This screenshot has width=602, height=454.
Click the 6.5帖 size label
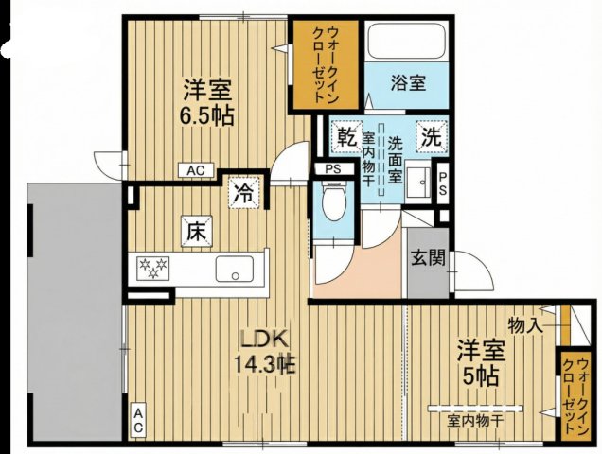[209, 116]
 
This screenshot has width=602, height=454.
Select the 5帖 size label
[484, 372]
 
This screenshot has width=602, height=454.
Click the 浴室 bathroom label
[408, 83]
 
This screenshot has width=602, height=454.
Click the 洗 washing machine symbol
[431, 137]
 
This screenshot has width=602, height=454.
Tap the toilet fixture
[332, 202]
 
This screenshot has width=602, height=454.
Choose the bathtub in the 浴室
[408, 43]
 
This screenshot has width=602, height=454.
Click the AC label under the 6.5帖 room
[195, 170]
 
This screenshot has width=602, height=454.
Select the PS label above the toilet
[332, 170]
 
